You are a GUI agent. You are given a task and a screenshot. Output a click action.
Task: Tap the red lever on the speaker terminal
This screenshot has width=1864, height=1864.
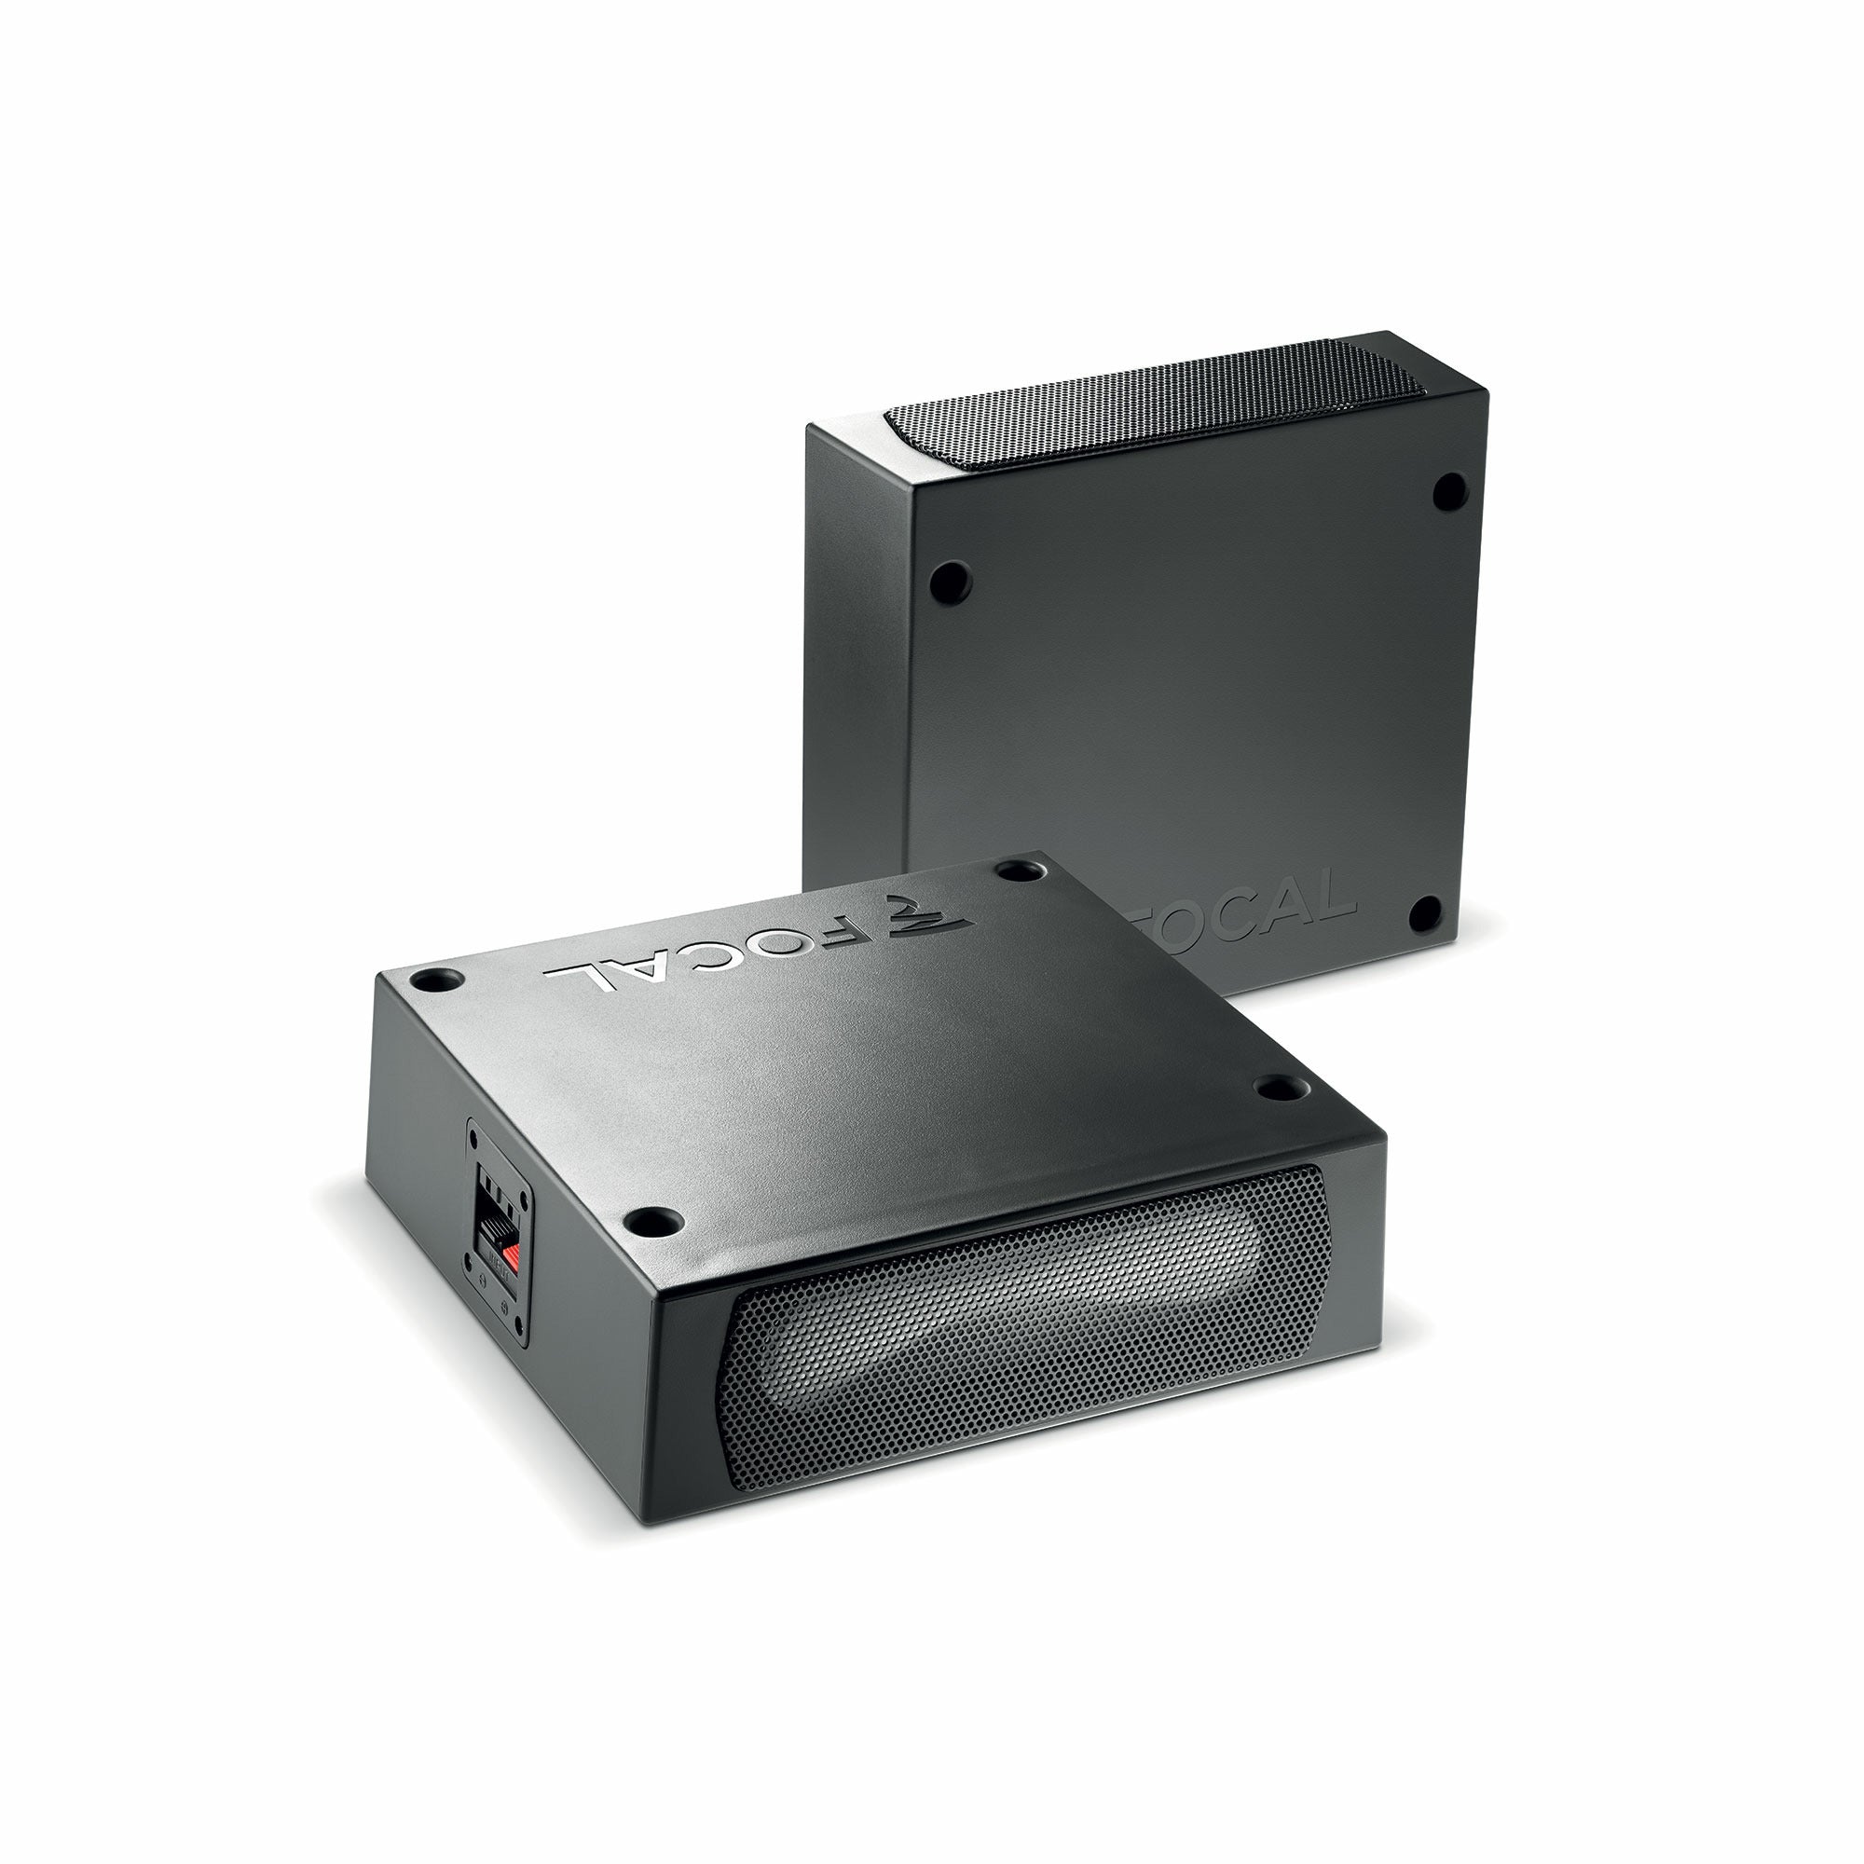tap(514, 1256)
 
